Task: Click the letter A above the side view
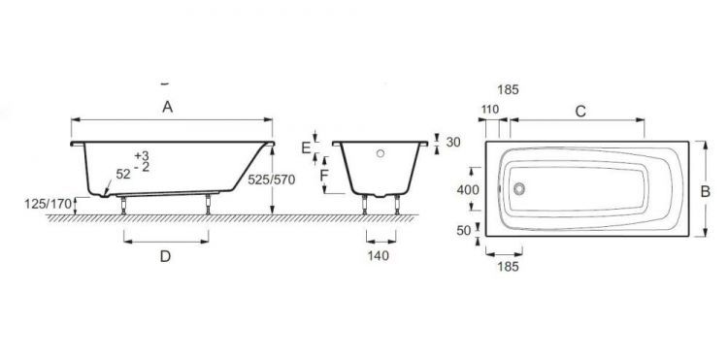(168, 107)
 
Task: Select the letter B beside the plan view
(705, 191)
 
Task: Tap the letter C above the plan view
(580, 112)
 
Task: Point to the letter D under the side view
(165, 256)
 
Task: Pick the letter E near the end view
(306, 148)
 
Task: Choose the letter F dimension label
(324, 176)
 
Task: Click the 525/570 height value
(272, 180)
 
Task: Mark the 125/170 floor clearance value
(49, 203)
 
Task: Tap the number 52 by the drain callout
(123, 175)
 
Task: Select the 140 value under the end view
(379, 255)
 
